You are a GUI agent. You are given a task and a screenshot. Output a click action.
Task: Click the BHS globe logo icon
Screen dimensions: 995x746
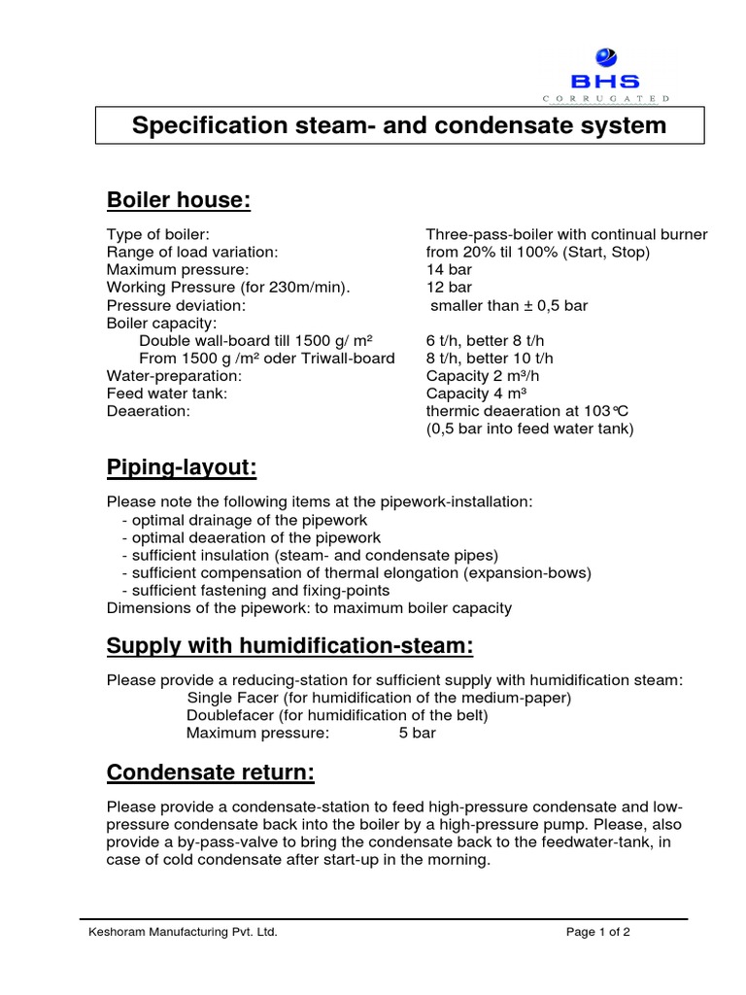click(x=605, y=56)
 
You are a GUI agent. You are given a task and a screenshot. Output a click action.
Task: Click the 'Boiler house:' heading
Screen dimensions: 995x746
click(x=179, y=200)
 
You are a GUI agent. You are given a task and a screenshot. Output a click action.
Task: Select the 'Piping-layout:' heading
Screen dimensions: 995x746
click(x=182, y=468)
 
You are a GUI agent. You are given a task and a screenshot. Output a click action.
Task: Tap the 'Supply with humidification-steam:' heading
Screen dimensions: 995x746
click(x=289, y=646)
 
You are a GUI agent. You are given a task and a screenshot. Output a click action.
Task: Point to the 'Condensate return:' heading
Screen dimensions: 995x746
click(x=210, y=772)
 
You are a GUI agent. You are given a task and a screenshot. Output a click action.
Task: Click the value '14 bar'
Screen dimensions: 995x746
click(x=449, y=269)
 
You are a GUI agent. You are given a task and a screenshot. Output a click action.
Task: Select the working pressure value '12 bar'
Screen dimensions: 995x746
click(x=449, y=287)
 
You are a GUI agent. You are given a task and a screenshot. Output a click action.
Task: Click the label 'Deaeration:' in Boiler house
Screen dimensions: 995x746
click(x=149, y=411)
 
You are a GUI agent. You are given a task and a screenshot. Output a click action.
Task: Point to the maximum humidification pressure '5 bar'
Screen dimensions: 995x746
click(x=418, y=733)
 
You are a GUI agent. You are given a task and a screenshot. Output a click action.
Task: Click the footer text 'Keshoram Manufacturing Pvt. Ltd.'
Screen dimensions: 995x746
click(x=183, y=932)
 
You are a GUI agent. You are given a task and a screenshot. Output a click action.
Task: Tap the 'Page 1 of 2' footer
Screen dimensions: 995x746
click(x=598, y=932)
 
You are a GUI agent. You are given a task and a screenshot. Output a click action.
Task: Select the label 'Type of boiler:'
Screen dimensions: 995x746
click(x=157, y=234)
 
